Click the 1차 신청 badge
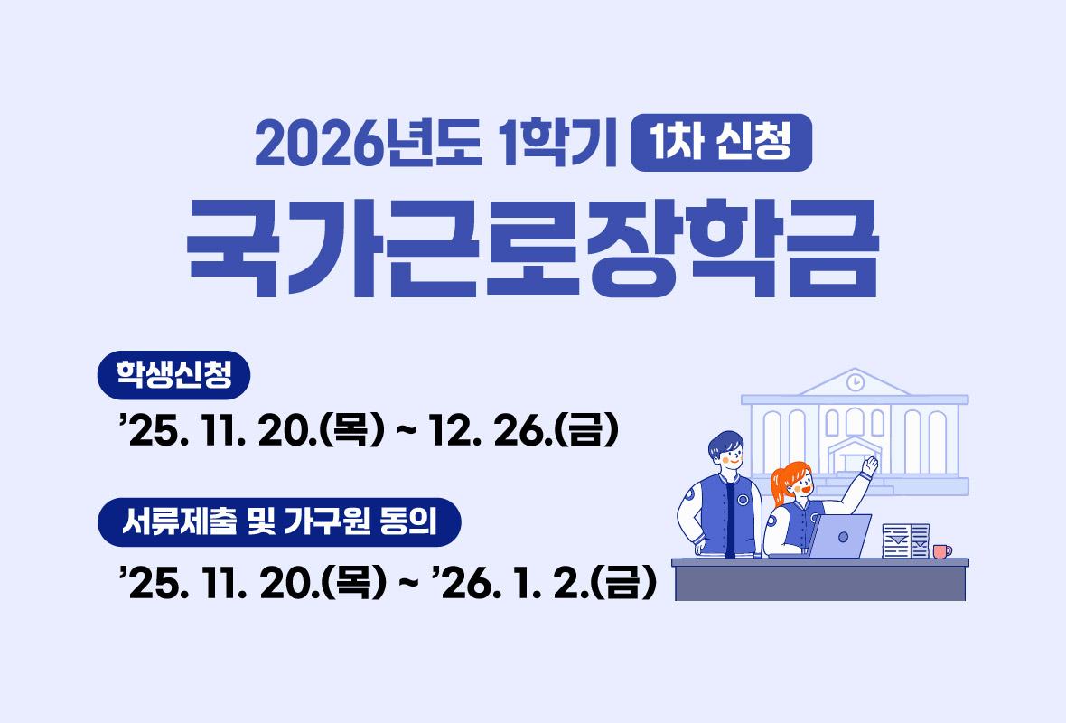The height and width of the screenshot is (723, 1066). [x=721, y=143]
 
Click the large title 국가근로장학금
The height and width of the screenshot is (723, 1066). [x=532, y=247]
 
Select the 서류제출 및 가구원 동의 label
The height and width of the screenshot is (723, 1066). [x=279, y=522]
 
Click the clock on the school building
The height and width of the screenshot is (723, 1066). [x=855, y=382]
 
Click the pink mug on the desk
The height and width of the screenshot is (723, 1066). [x=940, y=550]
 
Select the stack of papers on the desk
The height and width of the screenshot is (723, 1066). [x=905, y=540]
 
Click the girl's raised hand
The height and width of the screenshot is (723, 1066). [x=869, y=465]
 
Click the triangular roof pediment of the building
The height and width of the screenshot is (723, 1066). [x=854, y=383]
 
